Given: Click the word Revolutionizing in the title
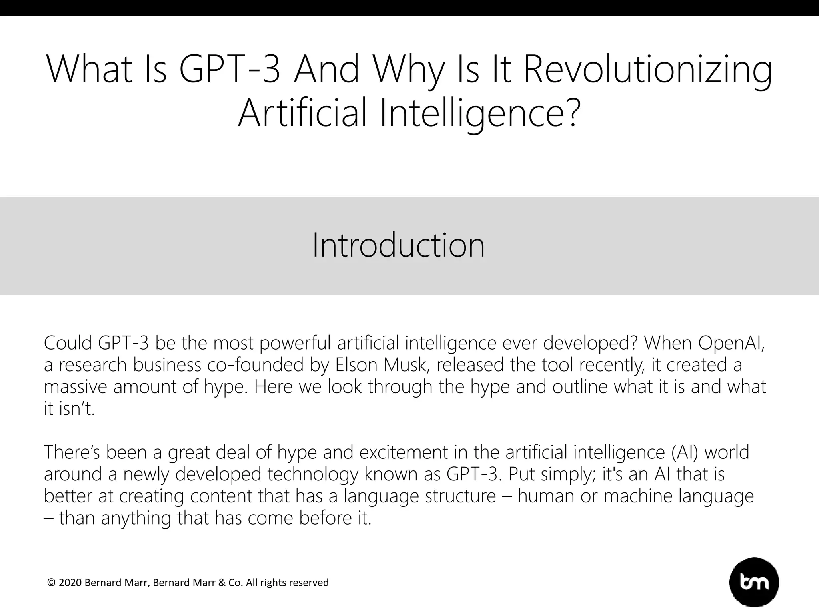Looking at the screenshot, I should coord(647,70).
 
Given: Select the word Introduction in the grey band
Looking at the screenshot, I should coord(398,245).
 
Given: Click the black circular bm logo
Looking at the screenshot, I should coord(754,583).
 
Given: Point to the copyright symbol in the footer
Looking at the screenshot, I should coord(51,583).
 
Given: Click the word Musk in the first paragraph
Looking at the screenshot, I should coord(407,365).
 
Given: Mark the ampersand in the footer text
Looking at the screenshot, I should coord(222,583).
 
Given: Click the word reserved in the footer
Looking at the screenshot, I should coord(310,583).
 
